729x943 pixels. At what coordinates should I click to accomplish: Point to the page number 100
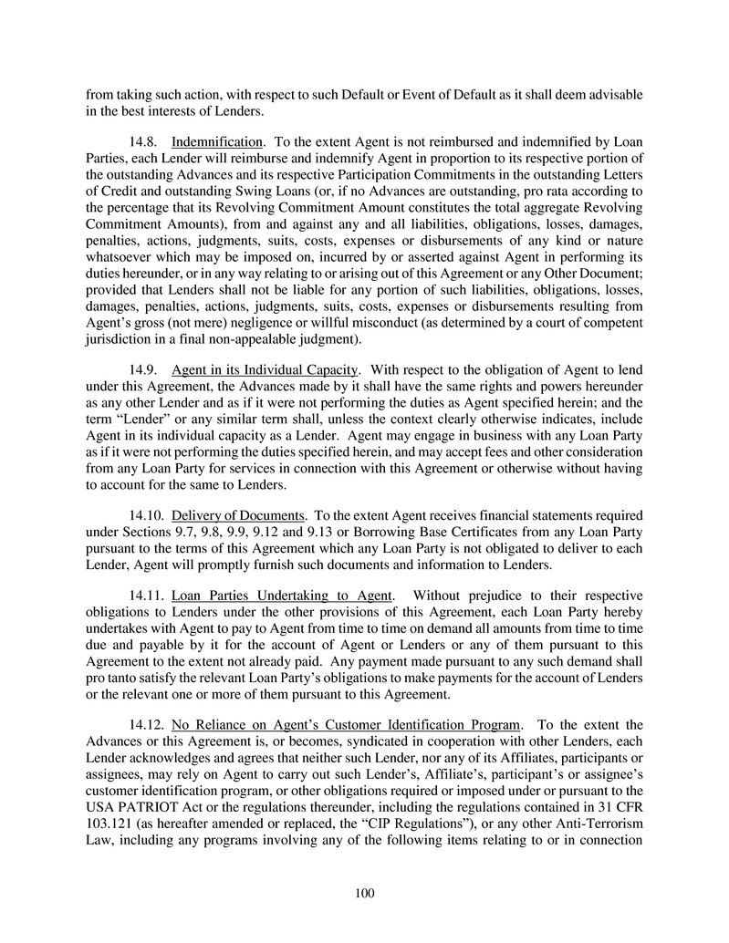[365, 893]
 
